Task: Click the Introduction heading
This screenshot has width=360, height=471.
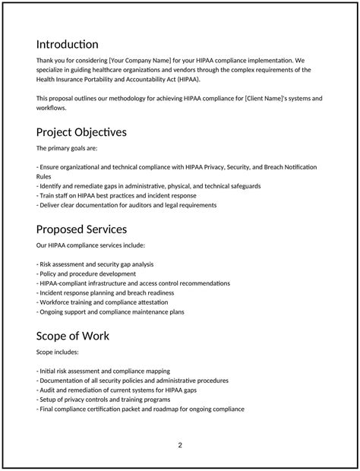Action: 68,45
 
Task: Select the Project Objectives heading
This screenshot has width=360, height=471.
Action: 81,132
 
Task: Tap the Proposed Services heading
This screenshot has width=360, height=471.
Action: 81,229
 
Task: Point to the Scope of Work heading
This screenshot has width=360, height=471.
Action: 73,335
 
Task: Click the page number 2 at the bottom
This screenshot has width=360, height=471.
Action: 180,445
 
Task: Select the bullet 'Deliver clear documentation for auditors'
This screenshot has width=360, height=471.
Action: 127,205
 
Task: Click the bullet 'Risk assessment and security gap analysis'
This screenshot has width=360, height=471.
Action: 95,264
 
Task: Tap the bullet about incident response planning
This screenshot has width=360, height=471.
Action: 105,292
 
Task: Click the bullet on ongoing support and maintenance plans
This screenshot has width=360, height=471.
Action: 110,311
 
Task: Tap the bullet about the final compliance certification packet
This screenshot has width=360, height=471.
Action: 141,409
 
